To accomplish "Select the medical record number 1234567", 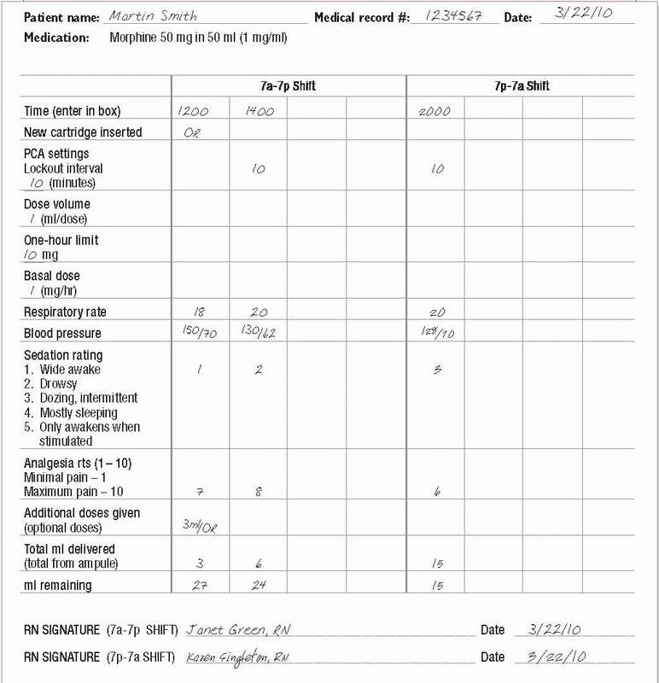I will [452, 15].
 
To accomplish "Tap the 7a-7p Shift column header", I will [289, 86].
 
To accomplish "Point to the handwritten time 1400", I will [257, 111].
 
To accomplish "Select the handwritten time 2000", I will [435, 111].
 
